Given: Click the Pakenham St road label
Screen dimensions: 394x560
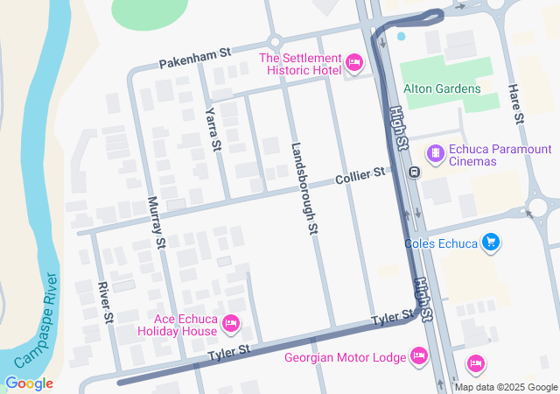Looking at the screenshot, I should point(194,59).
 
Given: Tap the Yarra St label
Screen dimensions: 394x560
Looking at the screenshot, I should point(211,130).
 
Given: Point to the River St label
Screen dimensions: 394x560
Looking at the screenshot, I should point(104,303).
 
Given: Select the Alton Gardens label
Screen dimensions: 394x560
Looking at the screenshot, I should point(442,88).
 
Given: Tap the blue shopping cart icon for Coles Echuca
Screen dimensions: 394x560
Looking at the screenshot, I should point(491,243).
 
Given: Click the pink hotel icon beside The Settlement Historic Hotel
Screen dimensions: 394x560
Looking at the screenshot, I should point(354,62).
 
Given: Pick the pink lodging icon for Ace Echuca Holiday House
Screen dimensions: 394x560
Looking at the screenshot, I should point(232,324).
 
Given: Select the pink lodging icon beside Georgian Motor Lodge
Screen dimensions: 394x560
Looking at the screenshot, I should point(418,356).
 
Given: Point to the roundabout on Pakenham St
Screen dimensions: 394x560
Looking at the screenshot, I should point(276,42).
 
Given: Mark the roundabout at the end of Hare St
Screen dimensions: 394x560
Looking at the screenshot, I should point(538,208).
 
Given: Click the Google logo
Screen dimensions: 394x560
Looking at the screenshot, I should point(29,383).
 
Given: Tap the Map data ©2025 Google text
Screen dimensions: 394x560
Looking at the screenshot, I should point(505,387).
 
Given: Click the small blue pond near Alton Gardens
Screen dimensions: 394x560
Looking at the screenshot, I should point(402,36).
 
